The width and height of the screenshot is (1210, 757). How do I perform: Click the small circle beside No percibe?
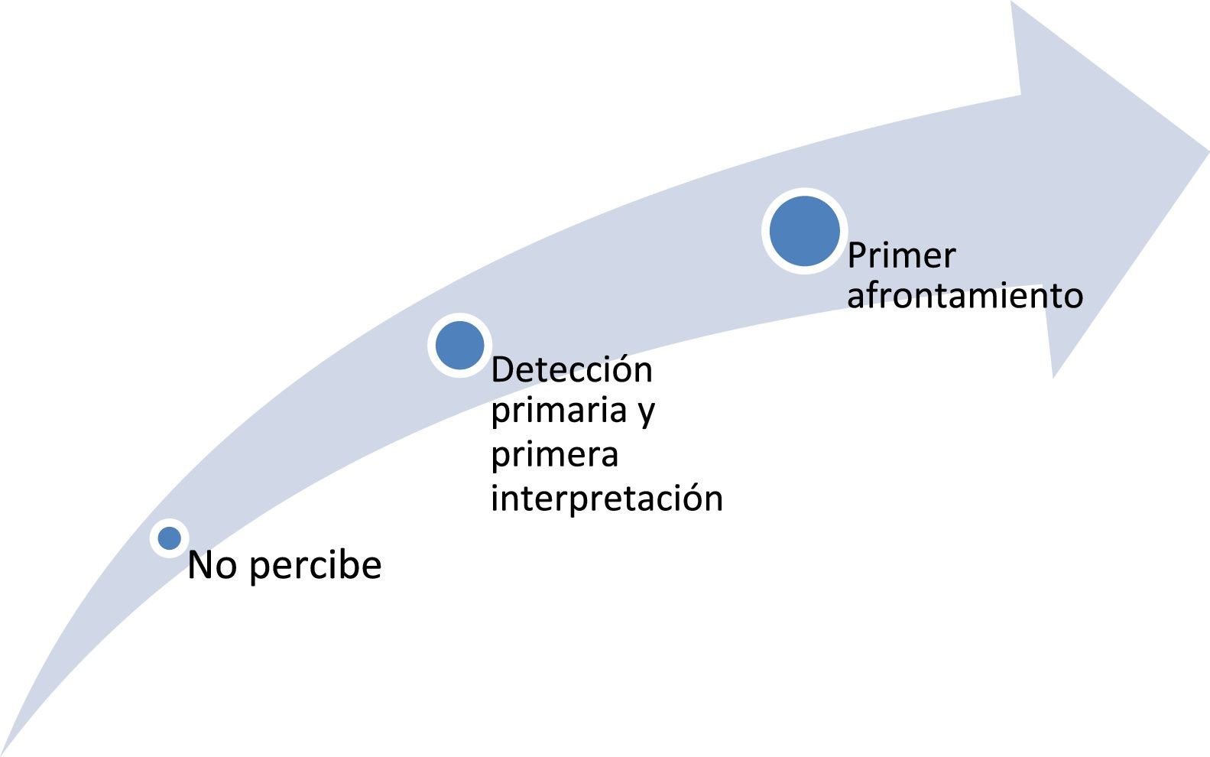tap(169, 538)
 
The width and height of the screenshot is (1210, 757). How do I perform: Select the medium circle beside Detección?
tap(459, 345)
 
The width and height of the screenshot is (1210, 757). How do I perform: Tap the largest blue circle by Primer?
tap(804, 231)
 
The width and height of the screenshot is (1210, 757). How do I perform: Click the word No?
tap(212, 566)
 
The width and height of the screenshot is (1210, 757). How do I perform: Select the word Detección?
tap(571, 370)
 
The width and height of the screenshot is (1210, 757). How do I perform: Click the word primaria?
tap(559, 411)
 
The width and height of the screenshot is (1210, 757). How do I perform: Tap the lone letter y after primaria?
tap(646, 413)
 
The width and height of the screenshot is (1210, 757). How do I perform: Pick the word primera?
tap(554, 456)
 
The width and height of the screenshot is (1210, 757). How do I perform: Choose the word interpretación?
tap(606, 499)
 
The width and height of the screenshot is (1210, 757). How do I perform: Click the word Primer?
tap(901, 255)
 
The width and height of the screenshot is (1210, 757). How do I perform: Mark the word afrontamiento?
tap(965, 296)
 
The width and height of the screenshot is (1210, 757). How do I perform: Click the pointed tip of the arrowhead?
tap(1207, 151)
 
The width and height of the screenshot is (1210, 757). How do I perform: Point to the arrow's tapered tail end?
tap(4, 752)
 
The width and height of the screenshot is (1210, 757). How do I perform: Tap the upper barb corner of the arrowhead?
tap(1012, 3)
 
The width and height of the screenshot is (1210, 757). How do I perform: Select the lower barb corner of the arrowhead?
tap(1053, 376)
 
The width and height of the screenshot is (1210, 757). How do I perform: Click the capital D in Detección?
tap(501, 370)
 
